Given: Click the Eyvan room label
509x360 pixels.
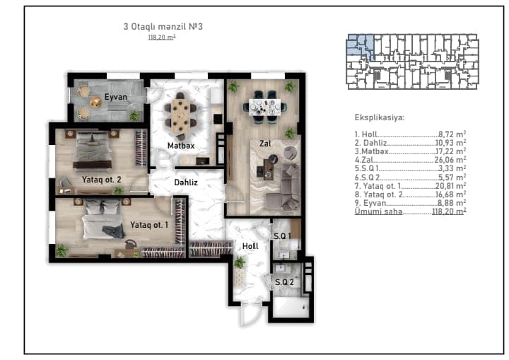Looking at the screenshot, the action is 115,97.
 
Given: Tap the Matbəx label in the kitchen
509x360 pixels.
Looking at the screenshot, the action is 181,146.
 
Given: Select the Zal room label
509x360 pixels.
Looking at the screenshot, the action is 265,144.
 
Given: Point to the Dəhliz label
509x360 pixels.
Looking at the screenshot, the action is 186,182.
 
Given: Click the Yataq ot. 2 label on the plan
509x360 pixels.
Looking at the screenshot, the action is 101,180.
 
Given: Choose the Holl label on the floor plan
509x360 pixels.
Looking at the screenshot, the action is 250,246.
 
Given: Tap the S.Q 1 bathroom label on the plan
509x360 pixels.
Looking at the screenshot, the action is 282,236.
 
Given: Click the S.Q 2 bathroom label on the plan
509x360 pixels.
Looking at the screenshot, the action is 284,282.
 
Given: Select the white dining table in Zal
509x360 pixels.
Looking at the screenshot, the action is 264,107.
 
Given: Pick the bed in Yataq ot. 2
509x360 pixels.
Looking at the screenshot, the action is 93,149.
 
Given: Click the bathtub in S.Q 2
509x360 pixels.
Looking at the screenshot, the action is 291,307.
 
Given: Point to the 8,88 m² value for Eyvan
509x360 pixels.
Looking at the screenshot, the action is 452,203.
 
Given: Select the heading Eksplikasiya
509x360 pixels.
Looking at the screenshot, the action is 380,117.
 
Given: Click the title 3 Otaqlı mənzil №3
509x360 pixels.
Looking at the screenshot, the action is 163,26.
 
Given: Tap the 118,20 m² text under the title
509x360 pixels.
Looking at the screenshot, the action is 162,37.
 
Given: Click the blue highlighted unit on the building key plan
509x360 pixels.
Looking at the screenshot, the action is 361,45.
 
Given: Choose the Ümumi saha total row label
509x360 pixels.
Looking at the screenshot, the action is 378,211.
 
